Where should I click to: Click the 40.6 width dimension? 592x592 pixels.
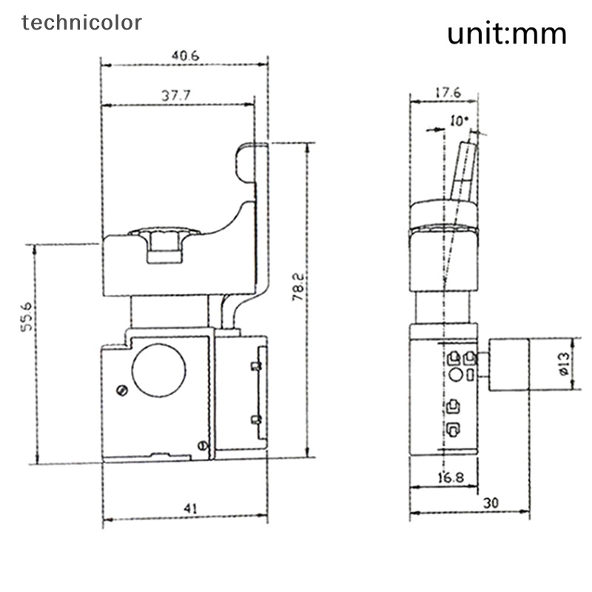pos(184,56)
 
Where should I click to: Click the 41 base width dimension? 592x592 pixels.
pos(190,508)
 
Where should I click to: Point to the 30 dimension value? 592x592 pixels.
pos(489,502)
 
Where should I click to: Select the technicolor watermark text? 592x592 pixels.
pos(81,22)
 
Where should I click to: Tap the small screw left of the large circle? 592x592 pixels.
pos(121,389)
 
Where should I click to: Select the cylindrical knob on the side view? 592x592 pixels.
pos(510,366)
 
